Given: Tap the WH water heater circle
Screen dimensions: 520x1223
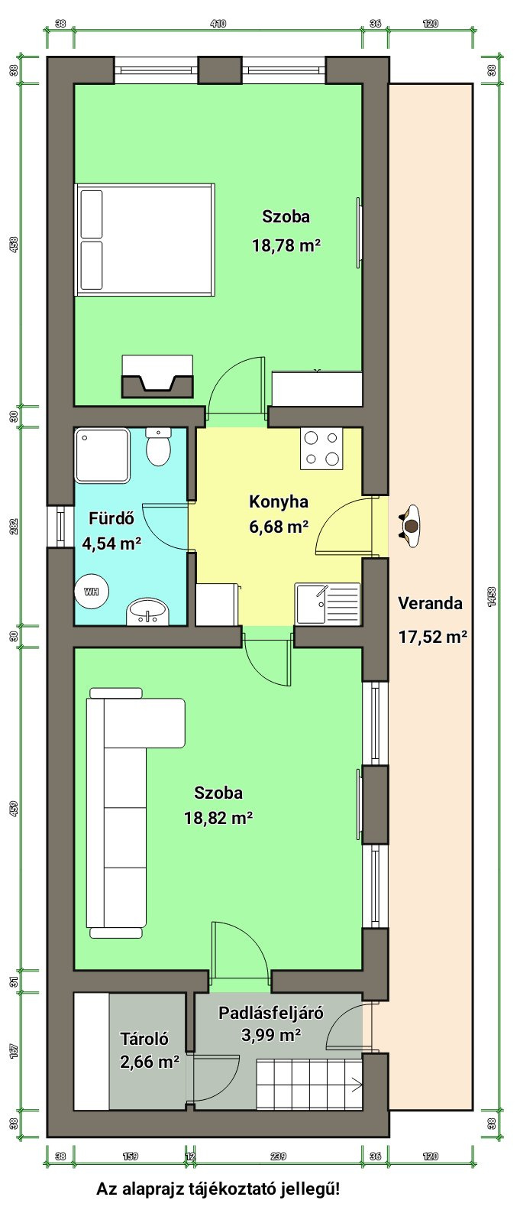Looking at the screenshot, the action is [92, 591].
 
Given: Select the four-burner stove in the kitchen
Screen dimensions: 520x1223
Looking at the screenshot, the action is [321, 448].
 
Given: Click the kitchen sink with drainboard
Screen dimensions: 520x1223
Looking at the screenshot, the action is [328, 603].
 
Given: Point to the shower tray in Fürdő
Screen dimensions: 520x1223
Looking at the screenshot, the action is [102, 456].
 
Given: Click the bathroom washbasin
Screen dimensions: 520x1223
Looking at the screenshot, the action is [147, 611].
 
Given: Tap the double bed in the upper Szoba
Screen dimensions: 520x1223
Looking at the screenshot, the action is [145, 240].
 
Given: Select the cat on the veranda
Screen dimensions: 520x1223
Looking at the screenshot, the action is [410, 526].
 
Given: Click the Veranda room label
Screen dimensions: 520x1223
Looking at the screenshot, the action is [430, 603].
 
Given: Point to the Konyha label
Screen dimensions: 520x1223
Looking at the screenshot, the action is [279, 501].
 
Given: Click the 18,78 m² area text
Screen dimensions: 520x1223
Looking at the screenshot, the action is [286, 245].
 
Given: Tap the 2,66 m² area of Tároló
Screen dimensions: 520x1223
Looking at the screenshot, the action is [150, 1062].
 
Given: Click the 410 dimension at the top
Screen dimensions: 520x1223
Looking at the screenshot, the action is [218, 24].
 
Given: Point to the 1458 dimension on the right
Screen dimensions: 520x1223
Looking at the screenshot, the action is [492, 597].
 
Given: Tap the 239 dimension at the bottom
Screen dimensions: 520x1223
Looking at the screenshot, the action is [278, 1156].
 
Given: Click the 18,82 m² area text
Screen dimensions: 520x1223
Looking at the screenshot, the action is [218, 817].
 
